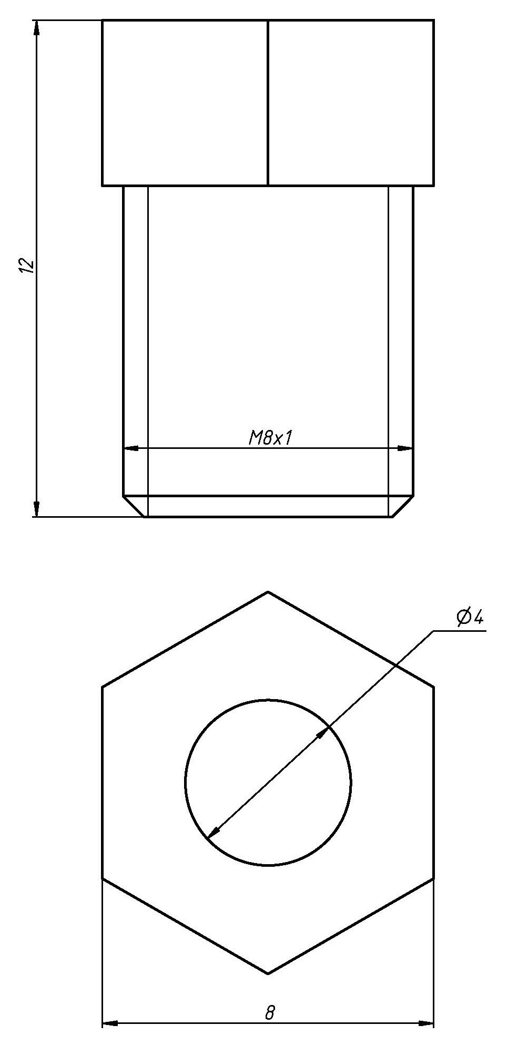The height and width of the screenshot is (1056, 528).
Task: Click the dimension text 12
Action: point(26,265)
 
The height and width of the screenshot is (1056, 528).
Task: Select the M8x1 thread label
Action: point(270,438)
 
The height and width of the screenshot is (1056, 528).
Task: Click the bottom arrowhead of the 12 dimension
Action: point(36,509)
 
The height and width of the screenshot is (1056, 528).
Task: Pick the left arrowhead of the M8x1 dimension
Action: point(131,448)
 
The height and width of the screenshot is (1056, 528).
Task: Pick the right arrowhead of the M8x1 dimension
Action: point(405,448)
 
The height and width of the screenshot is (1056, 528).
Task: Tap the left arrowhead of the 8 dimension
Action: point(109,1023)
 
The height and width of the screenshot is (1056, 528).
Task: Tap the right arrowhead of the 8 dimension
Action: point(426,1023)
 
